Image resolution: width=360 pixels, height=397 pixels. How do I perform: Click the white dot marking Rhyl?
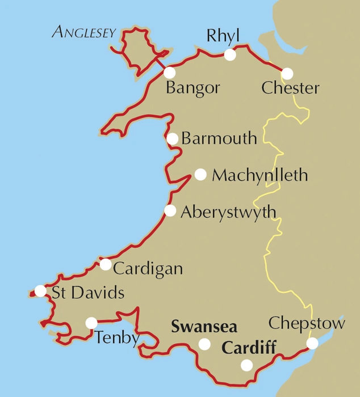pos(229,55)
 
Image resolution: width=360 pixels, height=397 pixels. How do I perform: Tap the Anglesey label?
pos(85,32)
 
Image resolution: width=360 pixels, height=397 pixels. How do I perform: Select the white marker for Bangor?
pos(169,73)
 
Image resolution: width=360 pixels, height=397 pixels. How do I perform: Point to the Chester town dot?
pos(287,74)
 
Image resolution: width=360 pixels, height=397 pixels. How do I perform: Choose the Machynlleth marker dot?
pos(200,175)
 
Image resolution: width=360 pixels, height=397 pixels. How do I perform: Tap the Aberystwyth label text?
pos(228,212)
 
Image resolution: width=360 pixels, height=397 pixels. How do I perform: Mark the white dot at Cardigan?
pos(106,264)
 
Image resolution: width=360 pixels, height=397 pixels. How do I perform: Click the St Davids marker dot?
pos(40,291)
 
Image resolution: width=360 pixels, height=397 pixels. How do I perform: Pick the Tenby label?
pos(117,338)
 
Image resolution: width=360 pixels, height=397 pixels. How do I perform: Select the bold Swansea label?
pos(204,327)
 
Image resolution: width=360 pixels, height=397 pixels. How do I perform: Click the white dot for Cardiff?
pos(246,365)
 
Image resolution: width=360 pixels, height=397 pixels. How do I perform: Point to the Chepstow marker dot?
pos(312,343)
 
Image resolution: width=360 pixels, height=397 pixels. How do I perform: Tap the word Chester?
pos(290,89)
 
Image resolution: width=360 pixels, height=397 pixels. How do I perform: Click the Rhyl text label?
pos(224,36)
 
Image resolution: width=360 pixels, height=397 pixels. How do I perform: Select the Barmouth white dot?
pos(173,139)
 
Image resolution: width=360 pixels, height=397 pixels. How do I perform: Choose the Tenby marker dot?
pos(91,323)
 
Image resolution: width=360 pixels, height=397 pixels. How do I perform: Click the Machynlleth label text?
pos(259,175)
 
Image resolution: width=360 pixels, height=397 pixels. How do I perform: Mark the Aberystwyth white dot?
pos(170,211)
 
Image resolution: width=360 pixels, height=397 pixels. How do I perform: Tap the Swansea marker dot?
pos(204,344)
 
